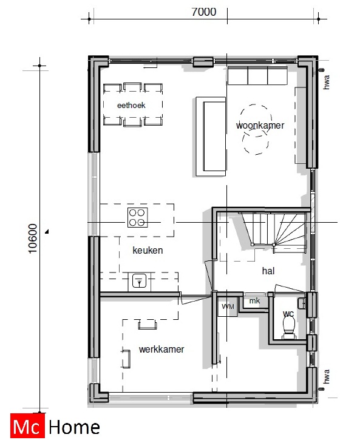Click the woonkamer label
pos(260,125)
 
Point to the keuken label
pos(148,250)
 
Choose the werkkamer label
pos(161,350)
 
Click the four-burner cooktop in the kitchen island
pos(137,217)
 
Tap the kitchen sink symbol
pos(138,281)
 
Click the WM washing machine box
pos(228,306)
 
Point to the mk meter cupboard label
pos(255,301)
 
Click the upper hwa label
pos(326,82)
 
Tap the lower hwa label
pos(326,377)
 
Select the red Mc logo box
pos(26,426)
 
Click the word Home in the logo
pos(73,426)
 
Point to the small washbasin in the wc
pos(302,302)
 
